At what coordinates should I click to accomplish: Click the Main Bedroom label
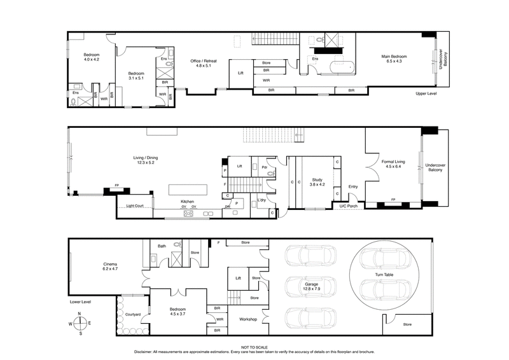coord(394,60)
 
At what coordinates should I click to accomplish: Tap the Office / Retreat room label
coord(204,64)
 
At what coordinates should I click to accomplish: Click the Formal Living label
coord(394,165)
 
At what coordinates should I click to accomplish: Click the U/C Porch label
coord(348,206)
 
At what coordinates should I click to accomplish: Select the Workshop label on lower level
coord(247,319)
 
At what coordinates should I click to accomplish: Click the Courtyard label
coord(132,314)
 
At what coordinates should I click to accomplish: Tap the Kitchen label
coord(186,201)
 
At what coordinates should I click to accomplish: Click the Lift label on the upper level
coord(241,73)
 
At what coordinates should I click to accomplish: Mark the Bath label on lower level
coord(162,246)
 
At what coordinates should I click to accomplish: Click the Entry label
coord(353,186)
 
